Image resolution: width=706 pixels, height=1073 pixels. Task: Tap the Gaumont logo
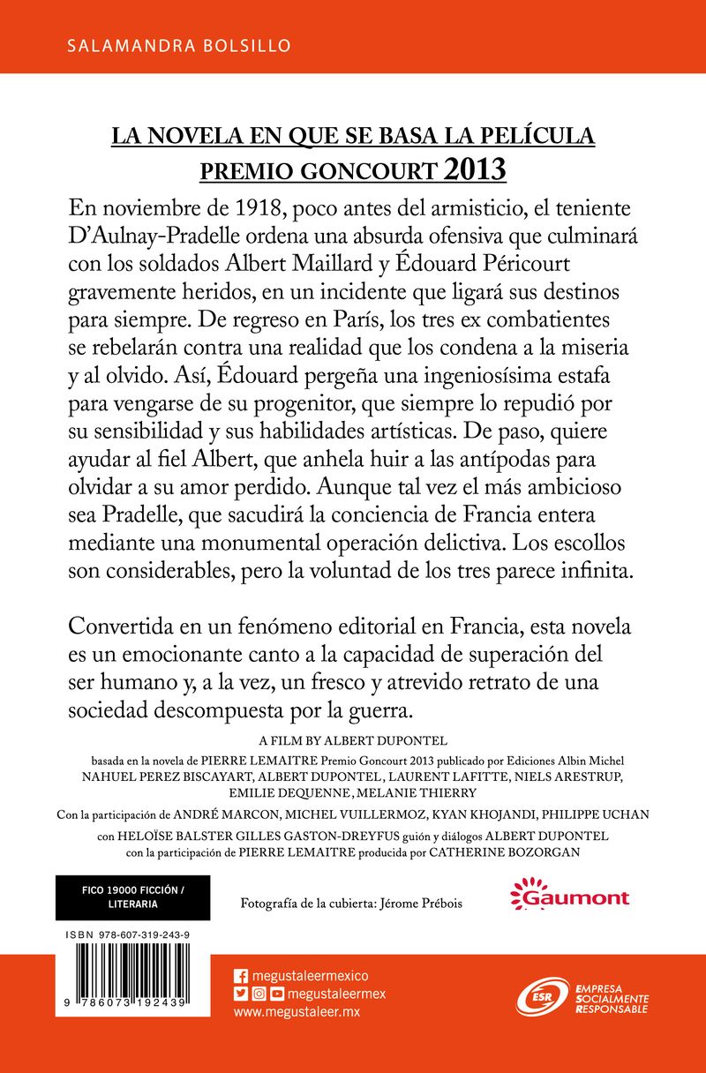pyautogui.click(x=569, y=897)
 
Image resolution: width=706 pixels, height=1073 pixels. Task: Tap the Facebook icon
pyautogui.click(x=240, y=975)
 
